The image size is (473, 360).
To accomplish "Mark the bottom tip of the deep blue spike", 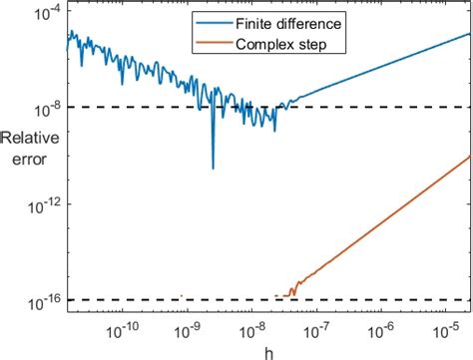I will pos(213,168).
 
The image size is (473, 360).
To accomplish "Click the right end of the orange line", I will pos(469,156).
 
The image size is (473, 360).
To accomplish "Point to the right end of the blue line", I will pos(469,33).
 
